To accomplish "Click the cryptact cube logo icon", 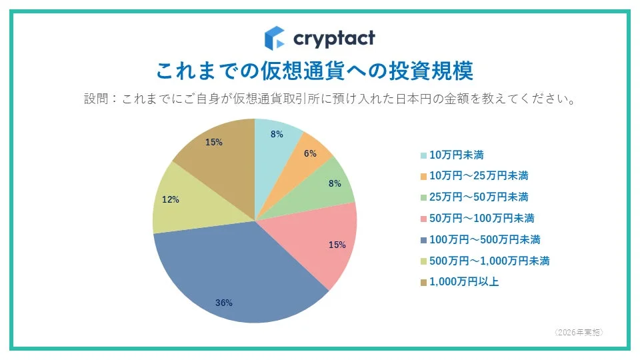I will [275, 38].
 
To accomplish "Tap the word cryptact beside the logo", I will [334, 38].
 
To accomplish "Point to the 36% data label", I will [224, 303].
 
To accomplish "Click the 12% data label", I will [170, 199].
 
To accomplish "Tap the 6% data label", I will [311, 153].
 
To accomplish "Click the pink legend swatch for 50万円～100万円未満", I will [423, 219].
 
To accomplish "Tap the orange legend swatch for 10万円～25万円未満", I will [423, 177].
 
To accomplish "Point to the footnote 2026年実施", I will [579, 331].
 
